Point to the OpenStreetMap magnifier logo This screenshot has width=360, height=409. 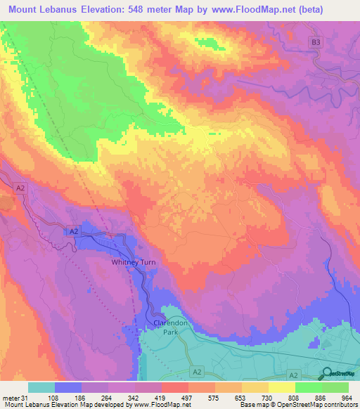[x=327, y=372]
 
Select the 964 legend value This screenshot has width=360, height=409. [x=347, y=398]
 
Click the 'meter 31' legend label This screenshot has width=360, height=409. [x=15, y=398]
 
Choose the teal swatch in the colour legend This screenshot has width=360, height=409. [x=41, y=387]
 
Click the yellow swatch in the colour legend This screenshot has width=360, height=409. [x=281, y=387]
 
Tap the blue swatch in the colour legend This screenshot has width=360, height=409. [x=68, y=387]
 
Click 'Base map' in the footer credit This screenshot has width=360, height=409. [x=251, y=405]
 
